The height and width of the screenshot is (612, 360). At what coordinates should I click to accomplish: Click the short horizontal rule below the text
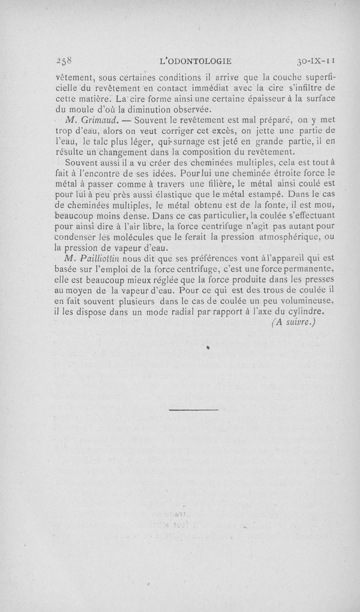point(194,410)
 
